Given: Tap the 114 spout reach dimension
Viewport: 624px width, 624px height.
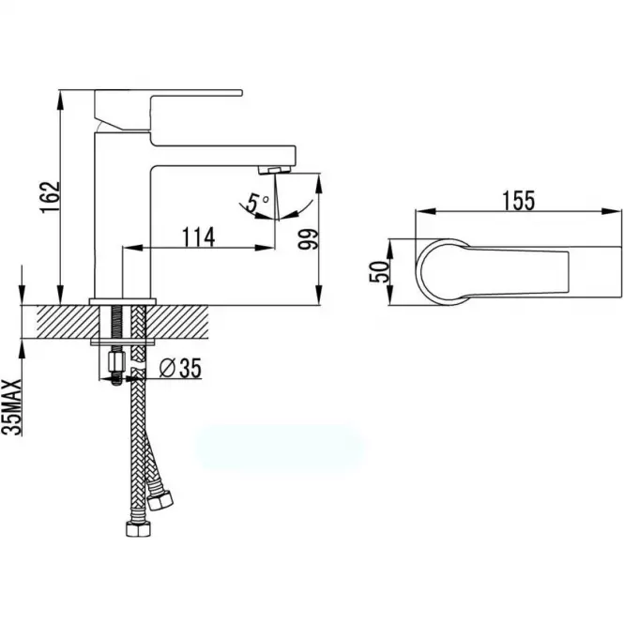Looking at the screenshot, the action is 198,237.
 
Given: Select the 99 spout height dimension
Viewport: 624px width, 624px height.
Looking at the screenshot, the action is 309,239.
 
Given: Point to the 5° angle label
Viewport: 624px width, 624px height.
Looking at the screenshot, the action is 257,202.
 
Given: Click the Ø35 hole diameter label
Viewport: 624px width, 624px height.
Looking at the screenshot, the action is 180,368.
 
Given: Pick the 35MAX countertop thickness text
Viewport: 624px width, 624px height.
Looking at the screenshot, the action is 11,407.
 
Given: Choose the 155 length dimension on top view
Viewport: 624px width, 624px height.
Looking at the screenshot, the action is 519,201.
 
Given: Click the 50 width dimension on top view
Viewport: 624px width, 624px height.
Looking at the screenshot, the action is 379,272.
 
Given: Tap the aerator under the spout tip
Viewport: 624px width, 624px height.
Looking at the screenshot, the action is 275,170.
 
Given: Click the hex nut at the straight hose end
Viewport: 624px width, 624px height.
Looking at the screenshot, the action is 139,529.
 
